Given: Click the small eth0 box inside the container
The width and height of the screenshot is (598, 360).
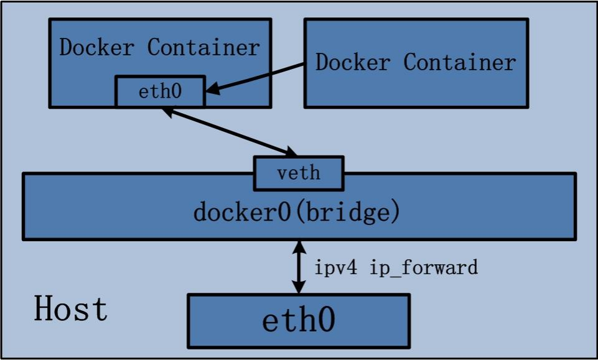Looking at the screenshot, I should [160, 92].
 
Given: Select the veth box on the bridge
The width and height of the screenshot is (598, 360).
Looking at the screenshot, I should [299, 172].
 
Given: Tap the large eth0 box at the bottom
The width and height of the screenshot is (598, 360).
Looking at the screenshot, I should [299, 320].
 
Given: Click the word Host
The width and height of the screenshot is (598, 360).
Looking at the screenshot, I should [70, 309].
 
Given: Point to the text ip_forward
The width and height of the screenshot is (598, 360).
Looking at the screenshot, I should [424, 268].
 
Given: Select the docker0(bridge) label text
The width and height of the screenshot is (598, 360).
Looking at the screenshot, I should [296, 212].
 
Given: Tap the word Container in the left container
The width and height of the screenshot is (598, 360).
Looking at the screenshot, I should [203, 47].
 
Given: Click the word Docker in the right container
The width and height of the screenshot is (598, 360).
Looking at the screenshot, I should [353, 62].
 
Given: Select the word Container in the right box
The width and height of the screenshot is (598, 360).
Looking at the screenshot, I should [460, 62].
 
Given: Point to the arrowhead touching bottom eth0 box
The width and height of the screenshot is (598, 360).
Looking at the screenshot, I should [300, 287].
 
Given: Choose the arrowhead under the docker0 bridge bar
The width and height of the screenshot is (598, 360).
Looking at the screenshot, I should [300, 247].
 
